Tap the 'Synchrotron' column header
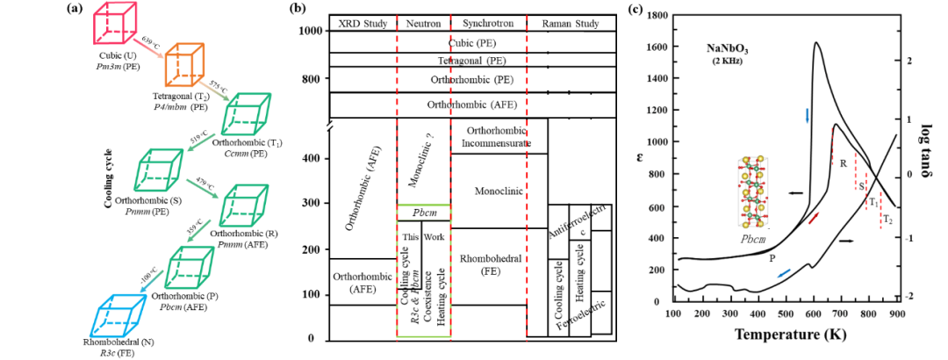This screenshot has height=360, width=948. pyautogui.click(x=486, y=23)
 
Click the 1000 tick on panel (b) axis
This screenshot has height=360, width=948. pyautogui.click(x=306, y=32)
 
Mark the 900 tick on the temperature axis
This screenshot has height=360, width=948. pyautogui.click(x=894, y=313)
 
